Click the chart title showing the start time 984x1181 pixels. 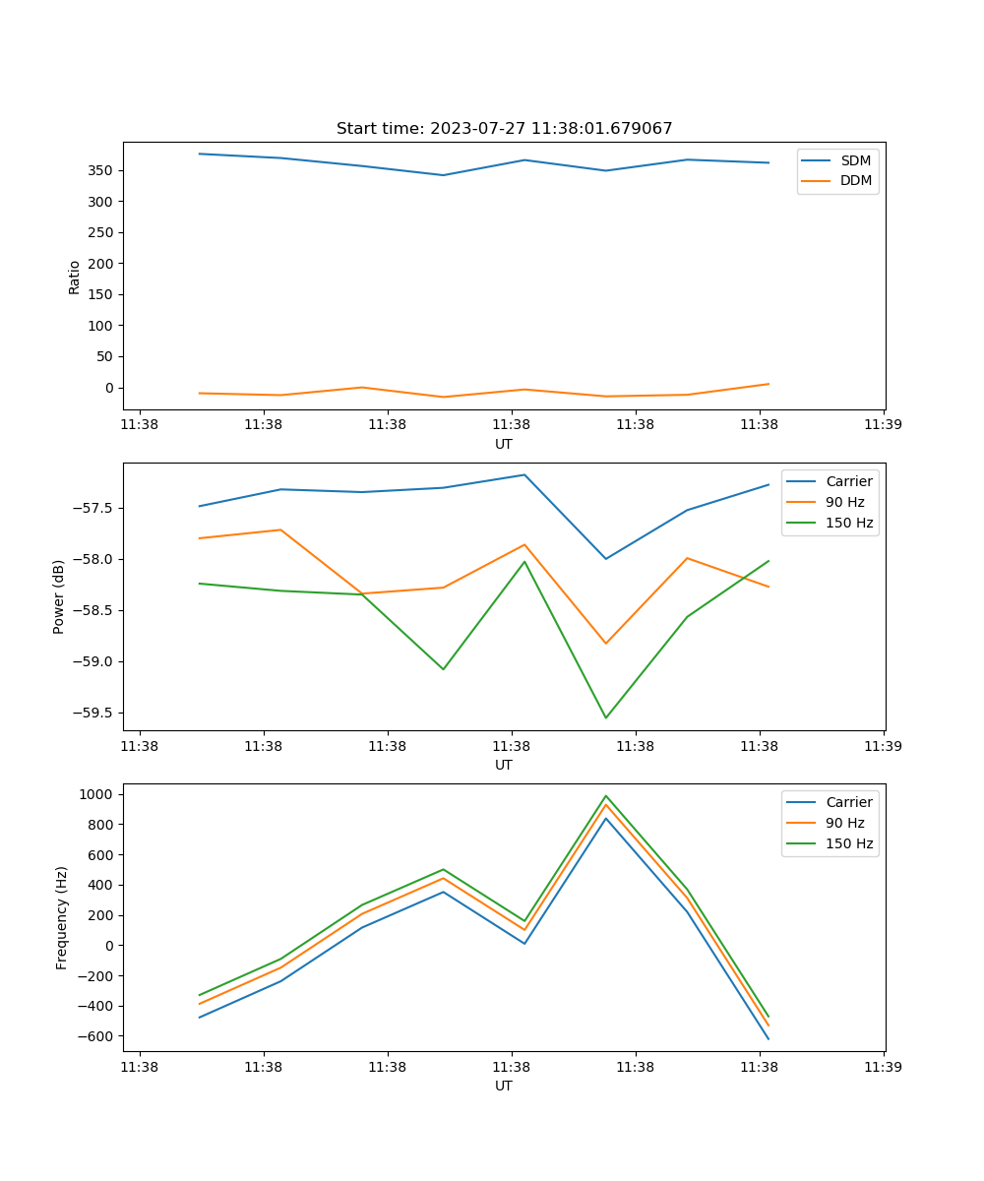pos(504,129)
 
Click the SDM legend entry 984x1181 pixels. pos(855,160)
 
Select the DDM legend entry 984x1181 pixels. pos(855,180)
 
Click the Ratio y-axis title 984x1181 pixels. pos(75,277)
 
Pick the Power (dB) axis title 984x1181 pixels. pos(59,596)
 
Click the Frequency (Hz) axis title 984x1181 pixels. pos(61,917)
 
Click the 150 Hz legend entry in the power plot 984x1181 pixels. pos(849,523)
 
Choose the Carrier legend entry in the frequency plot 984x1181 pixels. pos(849,802)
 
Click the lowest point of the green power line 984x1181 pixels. pos(605,717)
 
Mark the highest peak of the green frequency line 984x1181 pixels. pos(605,796)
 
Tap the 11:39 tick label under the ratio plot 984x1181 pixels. pos(883,425)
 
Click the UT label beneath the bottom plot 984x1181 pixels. pos(504,1086)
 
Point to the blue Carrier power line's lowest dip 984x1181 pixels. pos(605,559)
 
